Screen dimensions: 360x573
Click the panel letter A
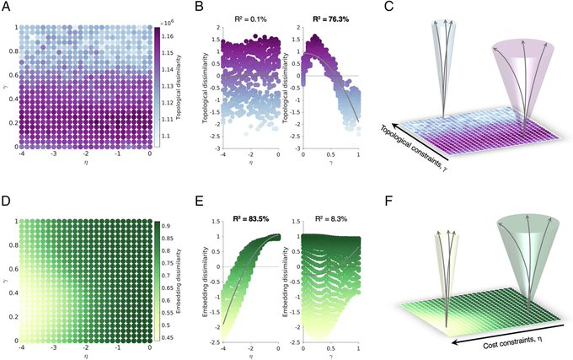(6, 8)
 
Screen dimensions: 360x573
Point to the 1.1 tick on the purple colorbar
(167, 136)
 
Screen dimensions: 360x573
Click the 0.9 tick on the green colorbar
(169, 225)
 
